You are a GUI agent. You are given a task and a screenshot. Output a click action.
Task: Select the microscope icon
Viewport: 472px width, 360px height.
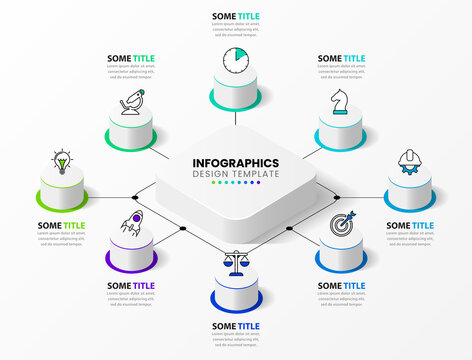[x=131, y=102]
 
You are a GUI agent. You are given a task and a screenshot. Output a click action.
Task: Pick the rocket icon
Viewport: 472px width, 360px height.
[x=131, y=228]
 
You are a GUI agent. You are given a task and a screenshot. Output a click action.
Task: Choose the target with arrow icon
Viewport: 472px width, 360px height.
[x=341, y=224]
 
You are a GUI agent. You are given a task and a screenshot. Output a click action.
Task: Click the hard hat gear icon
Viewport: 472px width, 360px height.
[x=409, y=160]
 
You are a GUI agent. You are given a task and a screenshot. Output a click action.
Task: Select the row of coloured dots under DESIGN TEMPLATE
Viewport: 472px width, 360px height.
[x=235, y=184]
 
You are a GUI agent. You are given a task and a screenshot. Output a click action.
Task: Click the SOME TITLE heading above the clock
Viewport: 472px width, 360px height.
[x=236, y=16]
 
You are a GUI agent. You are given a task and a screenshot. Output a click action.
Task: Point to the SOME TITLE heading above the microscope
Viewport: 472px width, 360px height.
[x=131, y=59]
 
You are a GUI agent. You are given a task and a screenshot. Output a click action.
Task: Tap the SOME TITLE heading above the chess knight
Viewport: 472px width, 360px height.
[x=342, y=59]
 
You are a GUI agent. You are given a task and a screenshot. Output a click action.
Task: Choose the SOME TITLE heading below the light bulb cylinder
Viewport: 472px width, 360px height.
[x=62, y=226]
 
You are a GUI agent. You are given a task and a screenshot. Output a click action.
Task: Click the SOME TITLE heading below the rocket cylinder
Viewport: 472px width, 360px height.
[x=131, y=286]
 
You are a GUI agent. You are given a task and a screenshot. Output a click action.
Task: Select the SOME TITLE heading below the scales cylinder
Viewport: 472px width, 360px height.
[x=236, y=326]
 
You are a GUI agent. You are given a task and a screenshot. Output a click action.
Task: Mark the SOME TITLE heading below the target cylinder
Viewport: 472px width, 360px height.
[x=342, y=286]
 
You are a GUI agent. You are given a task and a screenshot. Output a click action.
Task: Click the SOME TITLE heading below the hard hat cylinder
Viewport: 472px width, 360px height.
[x=410, y=226]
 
